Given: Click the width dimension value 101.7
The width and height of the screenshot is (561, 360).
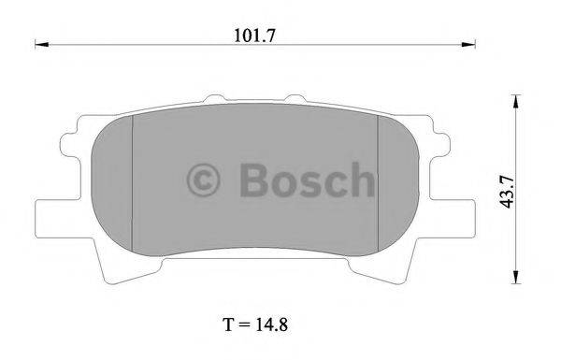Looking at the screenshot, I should click(255, 36).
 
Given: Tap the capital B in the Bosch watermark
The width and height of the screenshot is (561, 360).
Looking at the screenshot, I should click(256, 179).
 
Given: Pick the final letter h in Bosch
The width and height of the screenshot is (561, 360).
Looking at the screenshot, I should click(360, 178).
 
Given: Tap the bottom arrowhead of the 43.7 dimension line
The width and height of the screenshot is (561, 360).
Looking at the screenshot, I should click(513, 277).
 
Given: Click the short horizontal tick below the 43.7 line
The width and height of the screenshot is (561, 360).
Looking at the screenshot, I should click(513, 283).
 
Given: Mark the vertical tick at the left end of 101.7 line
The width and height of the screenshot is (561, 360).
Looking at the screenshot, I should click(35, 43).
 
